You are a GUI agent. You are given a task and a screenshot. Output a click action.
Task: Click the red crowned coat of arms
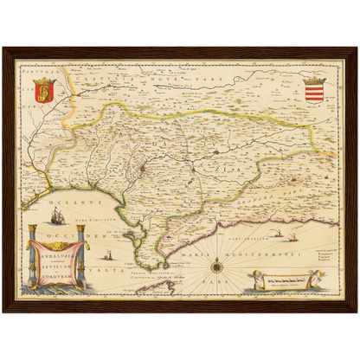tap(44, 88)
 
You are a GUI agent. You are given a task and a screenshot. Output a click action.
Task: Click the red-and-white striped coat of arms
tap(314, 89)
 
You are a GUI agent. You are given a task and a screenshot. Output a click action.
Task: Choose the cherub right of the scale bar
tap(318, 279)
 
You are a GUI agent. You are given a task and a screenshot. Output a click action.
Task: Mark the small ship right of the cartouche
tap(108, 256)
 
